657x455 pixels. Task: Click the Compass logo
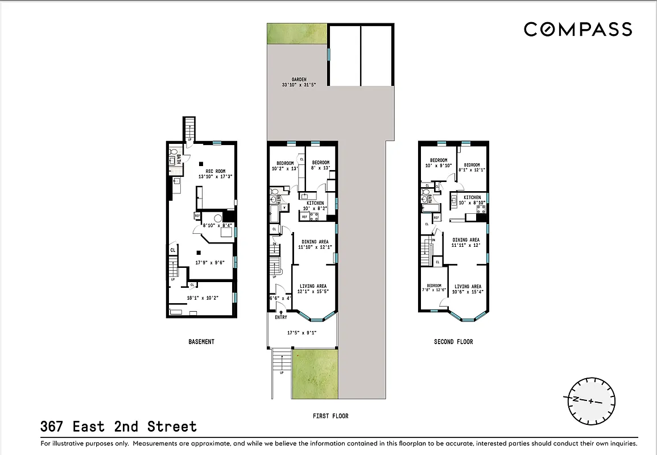click(577, 29)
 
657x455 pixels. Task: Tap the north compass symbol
click(592, 400)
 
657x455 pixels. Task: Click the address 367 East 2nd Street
click(118, 427)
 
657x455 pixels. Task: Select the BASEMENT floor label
click(201, 342)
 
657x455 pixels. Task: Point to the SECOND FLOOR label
click(453, 342)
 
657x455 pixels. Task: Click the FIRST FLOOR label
click(330, 416)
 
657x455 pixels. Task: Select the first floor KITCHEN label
click(315, 203)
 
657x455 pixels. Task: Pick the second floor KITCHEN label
click(472, 197)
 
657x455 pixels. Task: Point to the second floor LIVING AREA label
click(468, 287)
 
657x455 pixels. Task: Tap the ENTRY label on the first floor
click(281, 317)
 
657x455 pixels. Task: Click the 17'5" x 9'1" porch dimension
click(301, 333)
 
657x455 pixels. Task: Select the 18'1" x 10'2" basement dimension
click(203, 297)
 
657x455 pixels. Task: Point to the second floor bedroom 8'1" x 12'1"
click(472, 168)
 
